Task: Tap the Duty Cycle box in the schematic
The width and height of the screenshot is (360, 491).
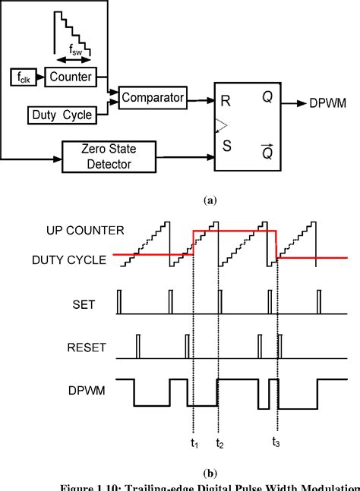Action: pos(63,115)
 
